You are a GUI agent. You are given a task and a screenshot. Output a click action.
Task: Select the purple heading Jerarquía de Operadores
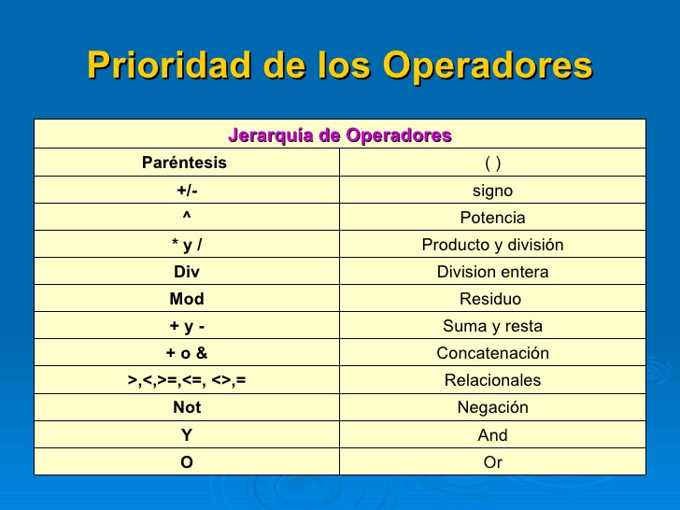(x=340, y=135)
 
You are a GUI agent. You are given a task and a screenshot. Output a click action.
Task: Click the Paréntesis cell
(x=184, y=163)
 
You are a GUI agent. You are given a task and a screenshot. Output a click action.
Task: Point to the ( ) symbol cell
(x=493, y=163)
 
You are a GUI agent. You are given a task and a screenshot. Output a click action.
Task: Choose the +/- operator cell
(x=187, y=191)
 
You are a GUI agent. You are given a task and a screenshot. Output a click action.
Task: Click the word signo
(x=493, y=191)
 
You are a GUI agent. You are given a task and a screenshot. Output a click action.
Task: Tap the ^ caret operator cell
(x=187, y=218)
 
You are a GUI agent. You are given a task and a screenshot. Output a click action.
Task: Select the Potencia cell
(x=493, y=218)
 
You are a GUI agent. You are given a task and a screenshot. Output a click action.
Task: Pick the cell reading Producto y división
(x=493, y=245)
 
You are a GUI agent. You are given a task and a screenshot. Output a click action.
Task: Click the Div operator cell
(x=187, y=272)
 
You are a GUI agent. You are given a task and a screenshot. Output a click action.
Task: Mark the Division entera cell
(x=493, y=272)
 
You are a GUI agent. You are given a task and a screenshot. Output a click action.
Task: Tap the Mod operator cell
(x=187, y=299)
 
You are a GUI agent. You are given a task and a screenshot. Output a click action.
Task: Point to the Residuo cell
(x=491, y=299)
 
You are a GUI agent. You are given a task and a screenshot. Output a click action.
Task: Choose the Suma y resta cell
(x=493, y=326)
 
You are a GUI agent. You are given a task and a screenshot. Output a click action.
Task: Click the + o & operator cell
(x=187, y=353)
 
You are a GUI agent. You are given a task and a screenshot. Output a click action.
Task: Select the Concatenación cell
(x=493, y=353)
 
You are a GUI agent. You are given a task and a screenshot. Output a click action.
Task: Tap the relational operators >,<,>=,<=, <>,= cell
(x=187, y=380)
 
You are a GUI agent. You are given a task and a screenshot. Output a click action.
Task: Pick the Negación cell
(x=493, y=407)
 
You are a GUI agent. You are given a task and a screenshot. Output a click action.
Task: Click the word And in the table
(x=493, y=434)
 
